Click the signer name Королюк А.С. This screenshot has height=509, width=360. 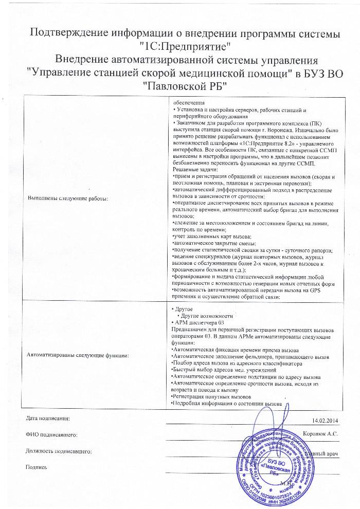click(x=320, y=434)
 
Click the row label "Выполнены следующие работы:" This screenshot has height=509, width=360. click(x=68, y=198)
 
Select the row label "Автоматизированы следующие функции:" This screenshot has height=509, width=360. click(x=78, y=355)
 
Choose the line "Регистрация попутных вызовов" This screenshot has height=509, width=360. click(x=211, y=397)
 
